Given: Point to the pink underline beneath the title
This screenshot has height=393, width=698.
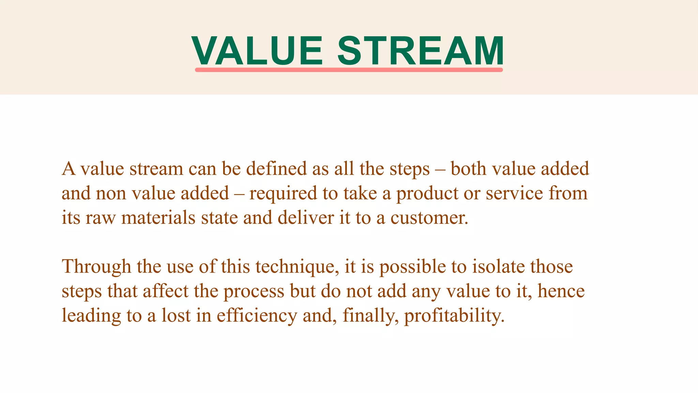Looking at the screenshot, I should point(349,70).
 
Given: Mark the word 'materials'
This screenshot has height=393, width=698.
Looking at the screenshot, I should point(158,218).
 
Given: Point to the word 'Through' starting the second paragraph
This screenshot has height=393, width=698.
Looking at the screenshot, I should point(96,266).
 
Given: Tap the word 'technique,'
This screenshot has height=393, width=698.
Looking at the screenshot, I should point(297,266).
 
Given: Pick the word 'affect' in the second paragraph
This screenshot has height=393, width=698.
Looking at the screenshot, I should point(165,291).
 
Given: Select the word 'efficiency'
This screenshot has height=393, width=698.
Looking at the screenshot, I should point(257,316).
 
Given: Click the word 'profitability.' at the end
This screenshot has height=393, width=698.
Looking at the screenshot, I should point(454,316).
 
